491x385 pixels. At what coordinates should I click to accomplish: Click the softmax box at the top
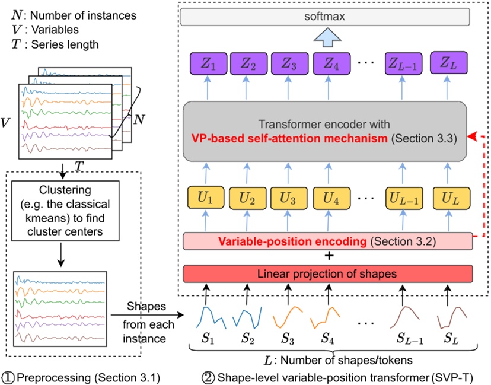point(329,18)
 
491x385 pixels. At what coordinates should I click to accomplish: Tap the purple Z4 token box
point(329,63)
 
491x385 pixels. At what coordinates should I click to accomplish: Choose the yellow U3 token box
point(288,197)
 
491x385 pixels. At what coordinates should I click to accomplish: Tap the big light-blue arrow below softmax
point(329,39)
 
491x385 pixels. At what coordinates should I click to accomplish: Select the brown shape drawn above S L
point(448,318)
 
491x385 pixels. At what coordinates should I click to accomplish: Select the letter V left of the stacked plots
point(6,123)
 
